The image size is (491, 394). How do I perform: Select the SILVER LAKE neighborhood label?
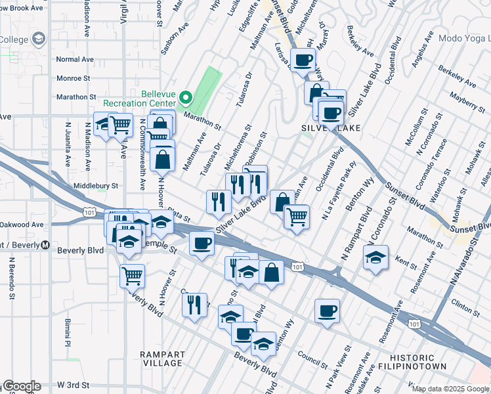point(331,128)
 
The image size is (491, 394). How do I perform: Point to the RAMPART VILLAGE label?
point(162,359)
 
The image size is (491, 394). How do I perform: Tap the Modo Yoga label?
point(463,39)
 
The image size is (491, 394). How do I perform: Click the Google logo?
point(22,386)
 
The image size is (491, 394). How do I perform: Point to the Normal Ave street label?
point(75,59)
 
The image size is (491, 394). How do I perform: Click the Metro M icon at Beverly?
point(45,245)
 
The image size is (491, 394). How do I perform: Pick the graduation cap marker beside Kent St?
point(375,257)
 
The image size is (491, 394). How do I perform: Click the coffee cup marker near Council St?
point(327,311)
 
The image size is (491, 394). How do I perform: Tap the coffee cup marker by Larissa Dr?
point(303,60)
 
